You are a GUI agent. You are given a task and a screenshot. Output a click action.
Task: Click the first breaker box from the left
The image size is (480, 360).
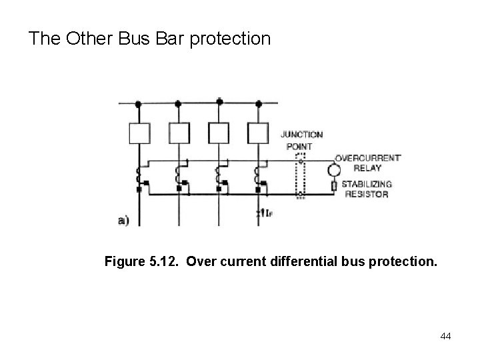point(139,134)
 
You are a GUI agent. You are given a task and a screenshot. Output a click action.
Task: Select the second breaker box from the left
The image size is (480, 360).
point(178,134)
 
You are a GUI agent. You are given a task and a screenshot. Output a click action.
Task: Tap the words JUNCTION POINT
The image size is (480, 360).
point(304,140)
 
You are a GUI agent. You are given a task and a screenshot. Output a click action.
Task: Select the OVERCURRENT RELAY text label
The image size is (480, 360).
point(367,163)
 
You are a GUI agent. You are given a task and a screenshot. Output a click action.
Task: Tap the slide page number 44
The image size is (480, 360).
point(445,336)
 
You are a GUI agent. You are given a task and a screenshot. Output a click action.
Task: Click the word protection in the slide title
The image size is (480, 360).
point(232,39)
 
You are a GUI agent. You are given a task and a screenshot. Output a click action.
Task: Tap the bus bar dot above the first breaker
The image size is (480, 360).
point(139,104)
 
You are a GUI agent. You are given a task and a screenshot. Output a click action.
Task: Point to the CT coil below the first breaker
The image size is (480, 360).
point(139,178)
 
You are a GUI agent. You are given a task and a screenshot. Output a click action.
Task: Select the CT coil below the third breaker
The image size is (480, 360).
point(218,178)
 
